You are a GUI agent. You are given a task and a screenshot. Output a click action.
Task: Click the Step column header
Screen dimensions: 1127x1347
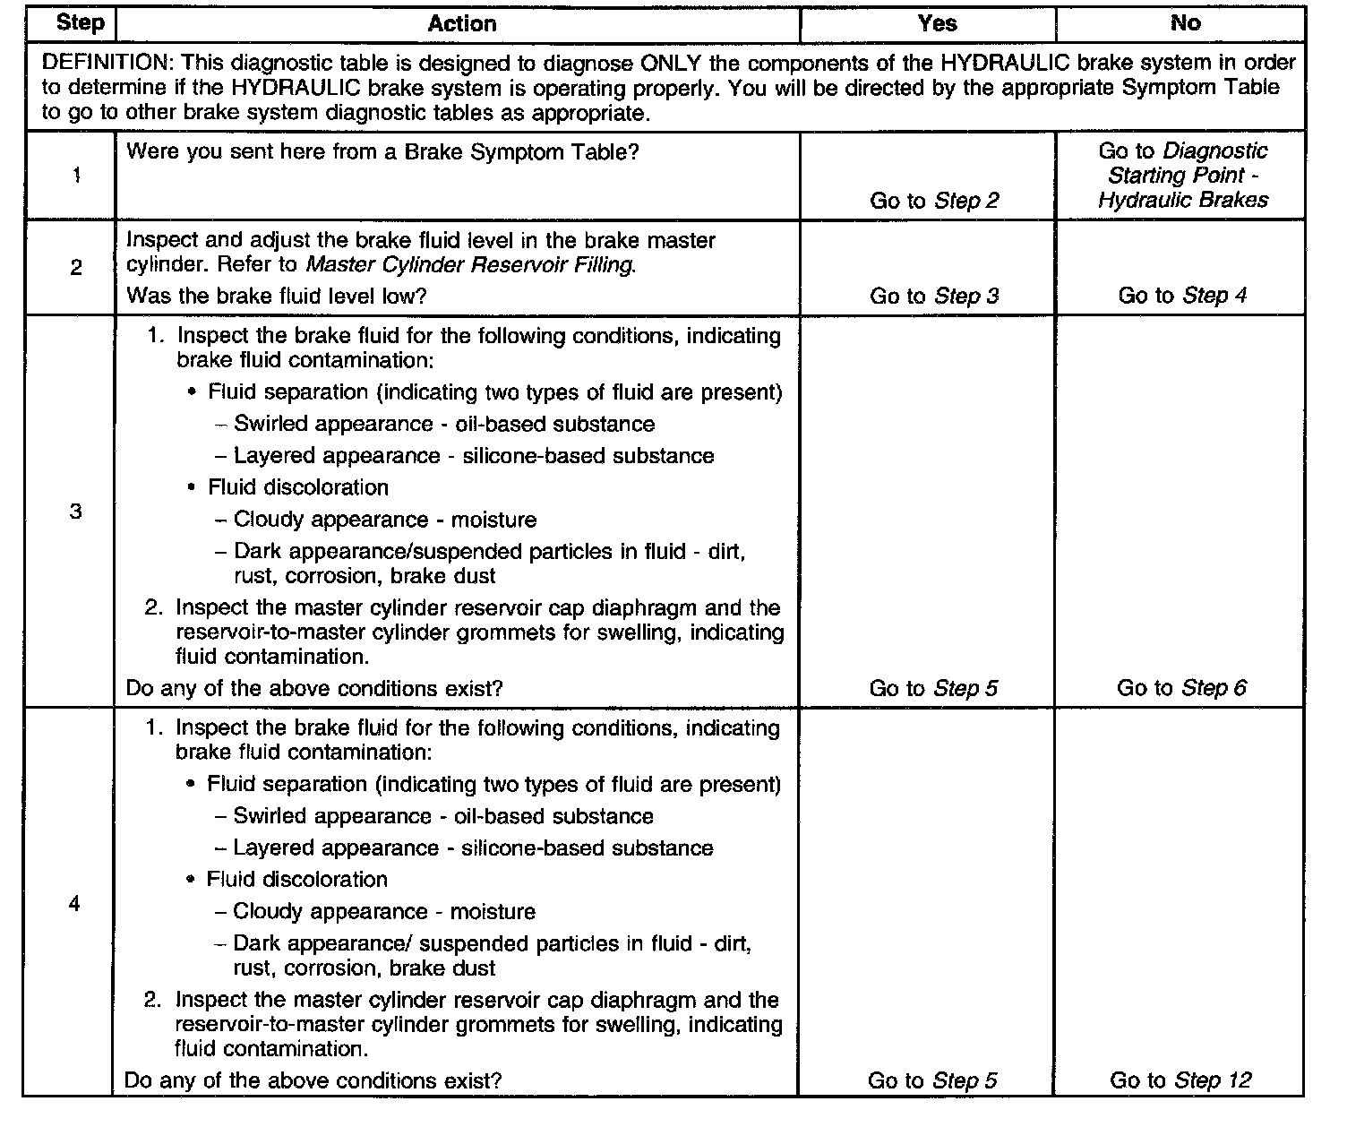point(80,22)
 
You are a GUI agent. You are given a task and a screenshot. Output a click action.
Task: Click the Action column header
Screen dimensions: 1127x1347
point(461,23)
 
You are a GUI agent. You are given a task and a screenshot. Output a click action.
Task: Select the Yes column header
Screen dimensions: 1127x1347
point(937,23)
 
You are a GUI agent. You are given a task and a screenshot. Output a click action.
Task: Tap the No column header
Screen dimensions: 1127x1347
point(1184,23)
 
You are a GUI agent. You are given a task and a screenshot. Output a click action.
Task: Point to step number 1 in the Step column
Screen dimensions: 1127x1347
point(76,176)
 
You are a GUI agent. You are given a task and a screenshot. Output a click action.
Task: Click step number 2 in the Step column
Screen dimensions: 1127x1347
point(76,267)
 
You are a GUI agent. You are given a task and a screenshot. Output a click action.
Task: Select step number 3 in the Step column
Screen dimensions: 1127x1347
point(76,512)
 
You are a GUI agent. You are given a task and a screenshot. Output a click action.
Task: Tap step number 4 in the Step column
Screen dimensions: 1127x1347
point(74,903)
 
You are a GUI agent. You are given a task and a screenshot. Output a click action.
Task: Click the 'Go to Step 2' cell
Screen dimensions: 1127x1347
point(934,201)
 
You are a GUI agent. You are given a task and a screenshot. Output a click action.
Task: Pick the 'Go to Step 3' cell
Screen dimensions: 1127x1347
point(934,296)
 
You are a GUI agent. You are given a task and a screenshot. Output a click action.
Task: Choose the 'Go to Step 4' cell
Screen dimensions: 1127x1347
point(1182,296)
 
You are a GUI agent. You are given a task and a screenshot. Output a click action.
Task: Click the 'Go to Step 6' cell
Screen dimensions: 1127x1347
point(1180,688)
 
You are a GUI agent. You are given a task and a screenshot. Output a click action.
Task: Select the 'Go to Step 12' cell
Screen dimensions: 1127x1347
point(1180,1080)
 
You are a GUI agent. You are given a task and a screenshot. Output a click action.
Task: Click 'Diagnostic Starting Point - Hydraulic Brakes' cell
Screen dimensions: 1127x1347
point(1183,176)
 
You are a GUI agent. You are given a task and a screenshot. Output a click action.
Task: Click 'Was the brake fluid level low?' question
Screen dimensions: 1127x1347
point(277,296)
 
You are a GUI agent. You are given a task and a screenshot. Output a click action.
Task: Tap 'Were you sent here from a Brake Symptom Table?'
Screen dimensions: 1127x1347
point(382,151)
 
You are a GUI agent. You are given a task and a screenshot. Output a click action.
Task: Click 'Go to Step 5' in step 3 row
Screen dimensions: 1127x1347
point(933,688)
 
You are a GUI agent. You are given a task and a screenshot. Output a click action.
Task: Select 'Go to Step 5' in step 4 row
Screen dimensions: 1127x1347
point(931,1080)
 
